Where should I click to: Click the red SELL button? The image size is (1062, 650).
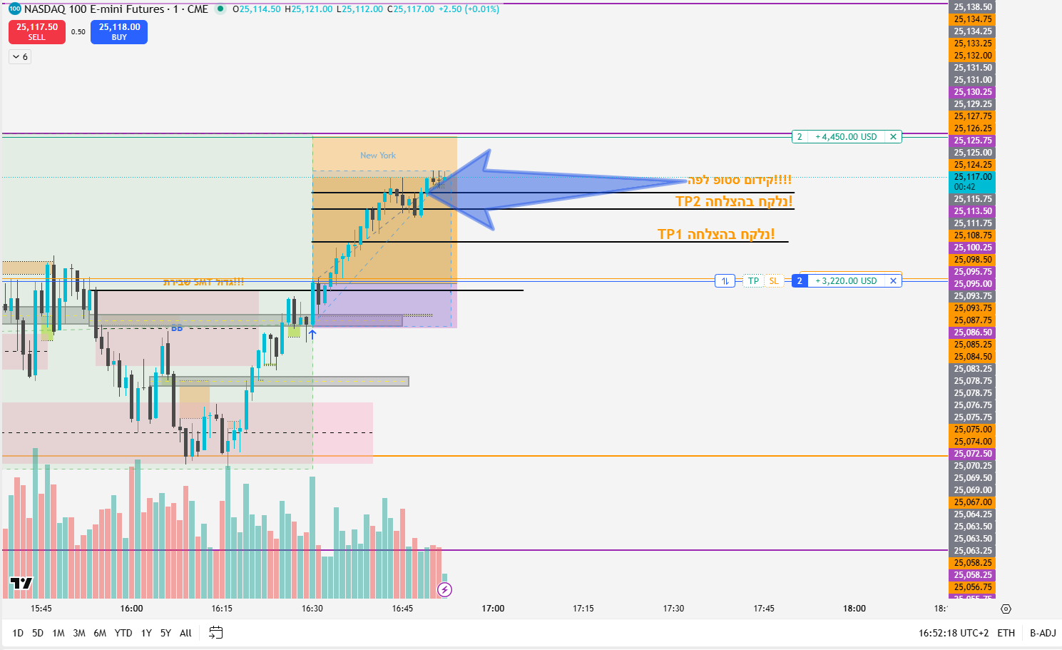tap(37, 32)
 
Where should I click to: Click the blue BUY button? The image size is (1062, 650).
tap(119, 32)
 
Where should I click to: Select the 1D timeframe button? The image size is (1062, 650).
tap(18, 633)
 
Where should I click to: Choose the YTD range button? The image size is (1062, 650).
tap(123, 633)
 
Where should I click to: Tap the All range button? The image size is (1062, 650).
tap(185, 633)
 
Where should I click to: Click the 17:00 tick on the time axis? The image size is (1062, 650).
tap(493, 609)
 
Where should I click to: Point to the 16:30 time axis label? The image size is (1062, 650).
tap(312, 609)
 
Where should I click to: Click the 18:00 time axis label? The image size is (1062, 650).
tap(854, 609)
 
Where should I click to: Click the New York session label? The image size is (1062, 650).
tap(378, 156)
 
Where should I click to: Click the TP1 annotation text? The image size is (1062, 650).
tap(715, 235)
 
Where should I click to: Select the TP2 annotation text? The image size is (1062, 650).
tap(733, 202)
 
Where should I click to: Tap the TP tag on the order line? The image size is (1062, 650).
tap(753, 281)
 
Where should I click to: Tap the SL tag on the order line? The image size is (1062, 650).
tap(774, 281)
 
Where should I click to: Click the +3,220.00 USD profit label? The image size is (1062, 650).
tap(846, 281)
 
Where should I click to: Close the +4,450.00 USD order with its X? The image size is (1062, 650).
tap(893, 137)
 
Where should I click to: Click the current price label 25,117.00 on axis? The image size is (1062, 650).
tap(973, 177)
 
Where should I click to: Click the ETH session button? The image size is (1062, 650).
tap(1006, 633)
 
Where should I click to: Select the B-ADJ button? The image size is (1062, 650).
tap(1043, 633)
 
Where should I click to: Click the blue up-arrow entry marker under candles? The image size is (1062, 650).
tap(312, 333)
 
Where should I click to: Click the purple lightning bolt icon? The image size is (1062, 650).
tap(444, 589)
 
